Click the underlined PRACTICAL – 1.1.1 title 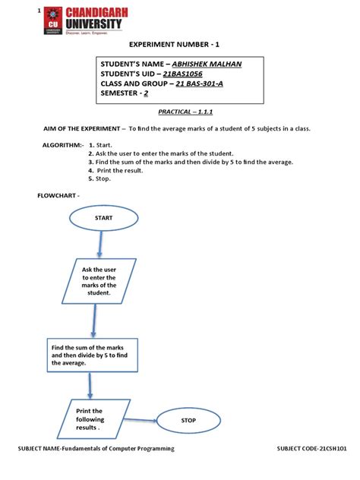point(178,111)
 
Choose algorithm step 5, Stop point(103,178)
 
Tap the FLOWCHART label point(58,196)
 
